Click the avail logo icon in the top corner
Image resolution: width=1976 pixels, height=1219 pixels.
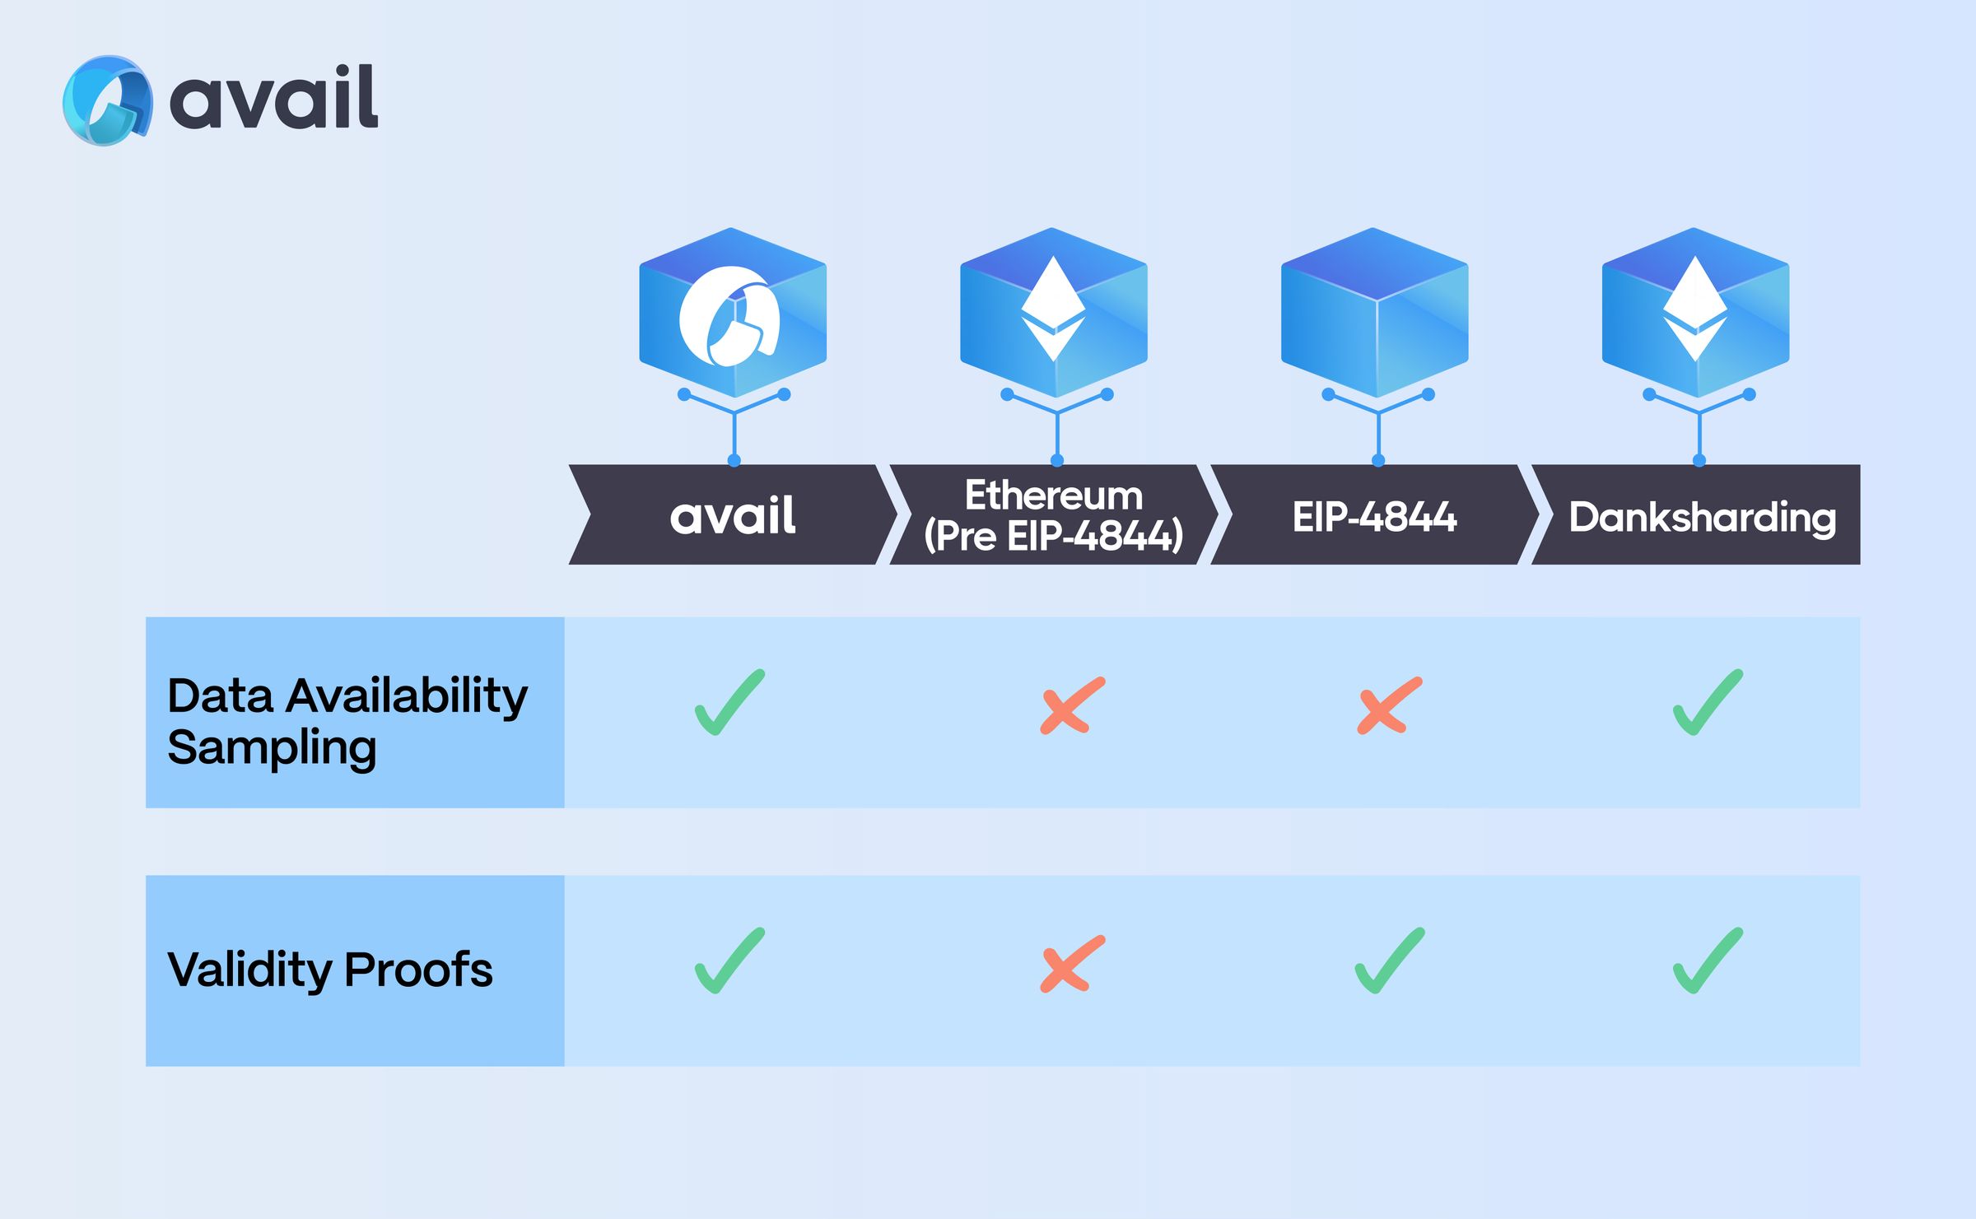point(107,100)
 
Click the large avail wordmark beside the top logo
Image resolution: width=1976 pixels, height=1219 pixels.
point(274,99)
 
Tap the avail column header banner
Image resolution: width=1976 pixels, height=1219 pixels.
point(732,515)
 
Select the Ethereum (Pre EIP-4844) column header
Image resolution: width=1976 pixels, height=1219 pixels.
point(1053,515)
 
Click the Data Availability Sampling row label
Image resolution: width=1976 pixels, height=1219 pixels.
point(347,720)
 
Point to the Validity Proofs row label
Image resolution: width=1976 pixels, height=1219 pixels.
point(330,969)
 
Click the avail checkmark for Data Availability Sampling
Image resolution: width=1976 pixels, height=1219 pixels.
point(729,702)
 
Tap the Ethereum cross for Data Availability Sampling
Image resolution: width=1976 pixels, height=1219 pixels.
point(1071,705)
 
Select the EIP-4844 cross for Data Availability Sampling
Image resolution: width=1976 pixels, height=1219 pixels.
point(1389,705)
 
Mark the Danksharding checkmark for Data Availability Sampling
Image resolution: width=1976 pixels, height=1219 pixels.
point(1708,702)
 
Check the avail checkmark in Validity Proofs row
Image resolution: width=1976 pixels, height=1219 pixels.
point(729,961)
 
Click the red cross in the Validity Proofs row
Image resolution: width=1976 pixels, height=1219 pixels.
point(1071,963)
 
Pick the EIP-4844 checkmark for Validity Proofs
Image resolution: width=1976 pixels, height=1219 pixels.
point(1389,961)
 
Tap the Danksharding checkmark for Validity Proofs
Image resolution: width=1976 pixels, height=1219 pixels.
point(1708,961)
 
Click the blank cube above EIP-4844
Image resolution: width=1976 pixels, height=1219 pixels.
point(1374,313)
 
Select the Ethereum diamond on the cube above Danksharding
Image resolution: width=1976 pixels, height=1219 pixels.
point(1694,308)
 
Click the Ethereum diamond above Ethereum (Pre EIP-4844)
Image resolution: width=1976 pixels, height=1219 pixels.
point(1053,308)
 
